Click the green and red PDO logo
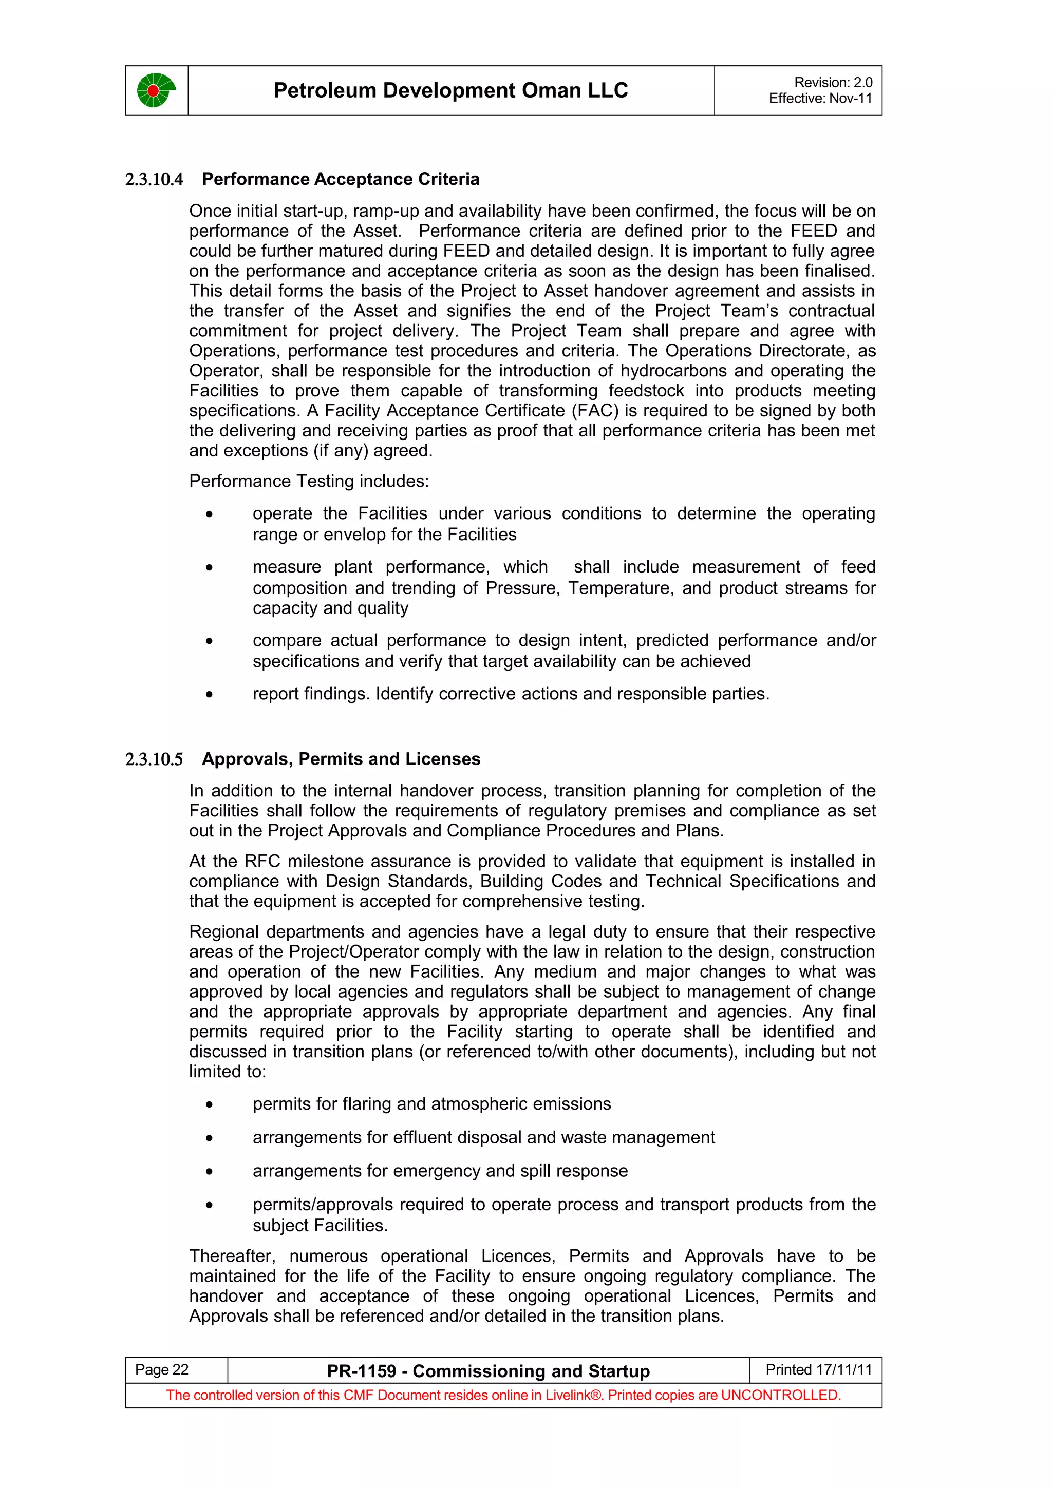click(x=156, y=90)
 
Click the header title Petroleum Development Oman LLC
click(x=450, y=90)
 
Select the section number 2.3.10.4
click(x=154, y=180)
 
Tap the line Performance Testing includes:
click(x=309, y=481)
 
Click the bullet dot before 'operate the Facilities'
click(x=209, y=514)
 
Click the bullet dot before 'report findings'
click(x=209, y=695)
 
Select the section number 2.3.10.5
click(x=154, y=759)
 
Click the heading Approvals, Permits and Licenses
click(x=341, y=759)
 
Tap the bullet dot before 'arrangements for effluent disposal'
click(x=209, y=1138)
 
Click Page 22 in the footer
click(x=161, y=1369)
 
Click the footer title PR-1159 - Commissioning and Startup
click(x=488, y=1371)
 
